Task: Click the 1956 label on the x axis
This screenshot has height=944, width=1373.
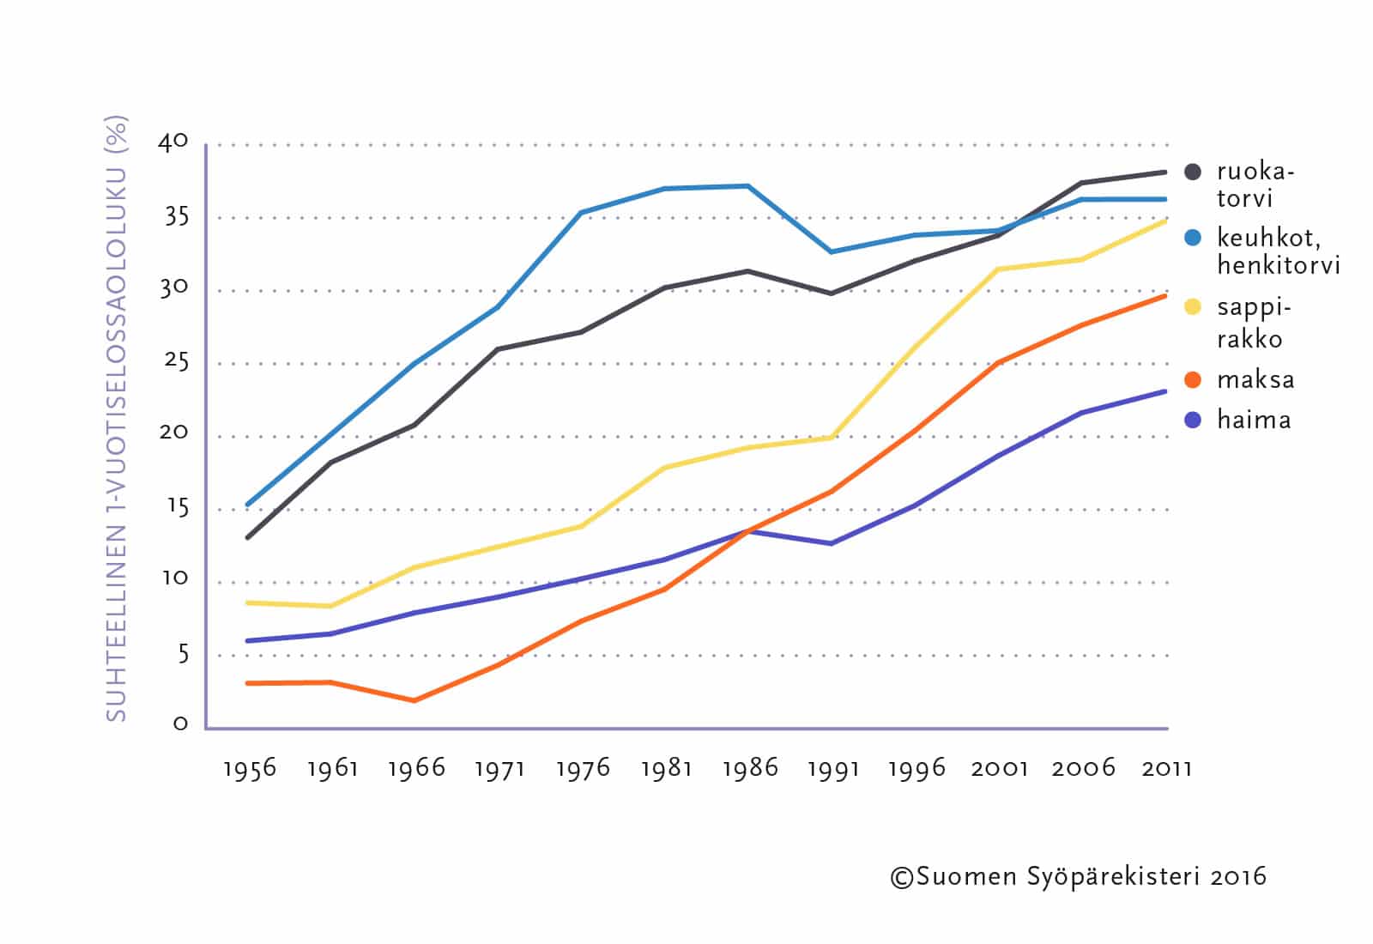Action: click(x=250, y=768)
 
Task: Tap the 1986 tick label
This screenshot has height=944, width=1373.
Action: click(x=750, y=768)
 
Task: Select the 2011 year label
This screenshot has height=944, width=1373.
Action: click(x=1167, y=768)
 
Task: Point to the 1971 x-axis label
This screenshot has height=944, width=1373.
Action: click(x=499, y=768)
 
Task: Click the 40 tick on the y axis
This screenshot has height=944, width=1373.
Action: click(x=172, y=142)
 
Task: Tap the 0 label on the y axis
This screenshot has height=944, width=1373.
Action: click(x=180, y=723)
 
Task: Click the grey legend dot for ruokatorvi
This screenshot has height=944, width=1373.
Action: click(x=1192, y=172)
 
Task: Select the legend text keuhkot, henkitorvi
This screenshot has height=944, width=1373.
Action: click(x=1278, y=251)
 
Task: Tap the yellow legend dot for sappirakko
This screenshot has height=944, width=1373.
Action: click(x=1192, y=306)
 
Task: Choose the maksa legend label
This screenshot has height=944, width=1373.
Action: click(x=1255, y=379)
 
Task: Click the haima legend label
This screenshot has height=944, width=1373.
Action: click(x=1254, y=420)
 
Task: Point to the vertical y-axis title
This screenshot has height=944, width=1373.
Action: click(x=116, y=418)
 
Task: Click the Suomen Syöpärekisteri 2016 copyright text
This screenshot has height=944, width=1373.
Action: click(x=1078, y=876)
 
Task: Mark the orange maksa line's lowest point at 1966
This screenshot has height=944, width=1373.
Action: click(x=414, y=700)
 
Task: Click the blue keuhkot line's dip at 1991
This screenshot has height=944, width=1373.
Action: click(x=831, y=251)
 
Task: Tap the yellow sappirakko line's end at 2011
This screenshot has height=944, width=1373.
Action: click(x=1165, y=221)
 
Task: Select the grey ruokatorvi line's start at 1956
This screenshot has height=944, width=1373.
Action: click(x=248, y=537)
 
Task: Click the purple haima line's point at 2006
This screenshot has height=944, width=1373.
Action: click(x=1082, y=413)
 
